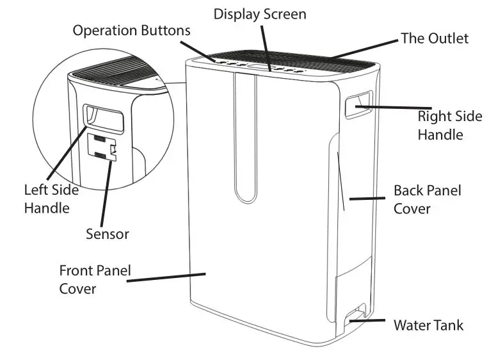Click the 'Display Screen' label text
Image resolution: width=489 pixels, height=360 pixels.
pyautogui.click(x=259, y=13)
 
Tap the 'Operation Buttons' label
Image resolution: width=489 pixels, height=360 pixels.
pyautogui.click(x=131, y=30)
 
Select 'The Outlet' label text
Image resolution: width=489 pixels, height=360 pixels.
pyautogui.click(x=434, y=38)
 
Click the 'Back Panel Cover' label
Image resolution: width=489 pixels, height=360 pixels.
pyautogui.click(x=427, y=200)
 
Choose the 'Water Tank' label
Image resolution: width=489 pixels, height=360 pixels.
pyautogui.click(x=428, y=325)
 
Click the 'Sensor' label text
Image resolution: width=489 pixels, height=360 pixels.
pyautogui.click(x=108, y=234)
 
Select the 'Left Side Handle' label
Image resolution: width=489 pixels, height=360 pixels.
pyautogui.click(x=51, y=199)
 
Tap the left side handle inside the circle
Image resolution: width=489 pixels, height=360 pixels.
pyautogui.click(x=102, y=116)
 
